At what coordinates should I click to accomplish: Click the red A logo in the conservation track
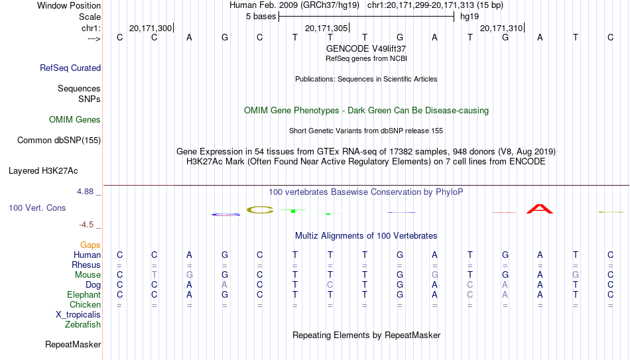pos(540,209)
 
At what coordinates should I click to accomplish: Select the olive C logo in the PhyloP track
pos(260,210)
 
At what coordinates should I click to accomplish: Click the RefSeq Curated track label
pos(70,68)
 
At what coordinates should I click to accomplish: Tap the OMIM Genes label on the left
pos(75,120)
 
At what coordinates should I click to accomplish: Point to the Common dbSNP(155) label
pos(59,141)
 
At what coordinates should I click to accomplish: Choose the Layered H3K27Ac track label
pos(43,171)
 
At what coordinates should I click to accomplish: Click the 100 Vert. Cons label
pos(37,208)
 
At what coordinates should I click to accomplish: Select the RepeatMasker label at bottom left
pos(73,344)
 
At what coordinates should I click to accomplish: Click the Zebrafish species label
pos(83,324)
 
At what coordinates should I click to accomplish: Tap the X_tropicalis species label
pos(78,315)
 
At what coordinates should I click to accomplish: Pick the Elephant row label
pos(84,294)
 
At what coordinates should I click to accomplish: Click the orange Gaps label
pos(90,245)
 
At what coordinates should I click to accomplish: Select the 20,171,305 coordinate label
pos(326,28)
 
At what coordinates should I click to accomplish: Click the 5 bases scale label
pos(261,17)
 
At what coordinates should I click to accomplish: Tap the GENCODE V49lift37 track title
pos(366,48)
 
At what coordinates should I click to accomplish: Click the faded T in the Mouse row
pos(155,275)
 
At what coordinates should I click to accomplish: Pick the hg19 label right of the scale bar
pos(470,17)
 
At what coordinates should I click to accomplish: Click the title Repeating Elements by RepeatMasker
pos(367,335)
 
